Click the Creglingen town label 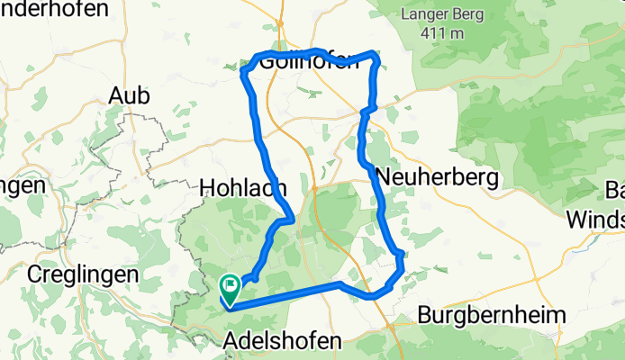coord(83,273)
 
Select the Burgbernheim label coord(492,316)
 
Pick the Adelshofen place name coord(282,341)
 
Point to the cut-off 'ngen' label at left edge coord(23,185)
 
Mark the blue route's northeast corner coord(374,56)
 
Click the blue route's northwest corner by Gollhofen coord(243,69)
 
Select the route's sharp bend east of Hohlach coord(290,218)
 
